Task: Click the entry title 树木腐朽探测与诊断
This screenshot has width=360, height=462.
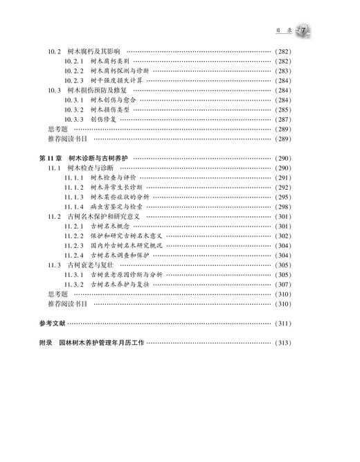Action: tap(117, 71)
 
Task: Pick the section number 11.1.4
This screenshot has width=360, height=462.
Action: tap(74, 206)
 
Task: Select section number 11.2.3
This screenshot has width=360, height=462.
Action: tap(74, 245)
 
